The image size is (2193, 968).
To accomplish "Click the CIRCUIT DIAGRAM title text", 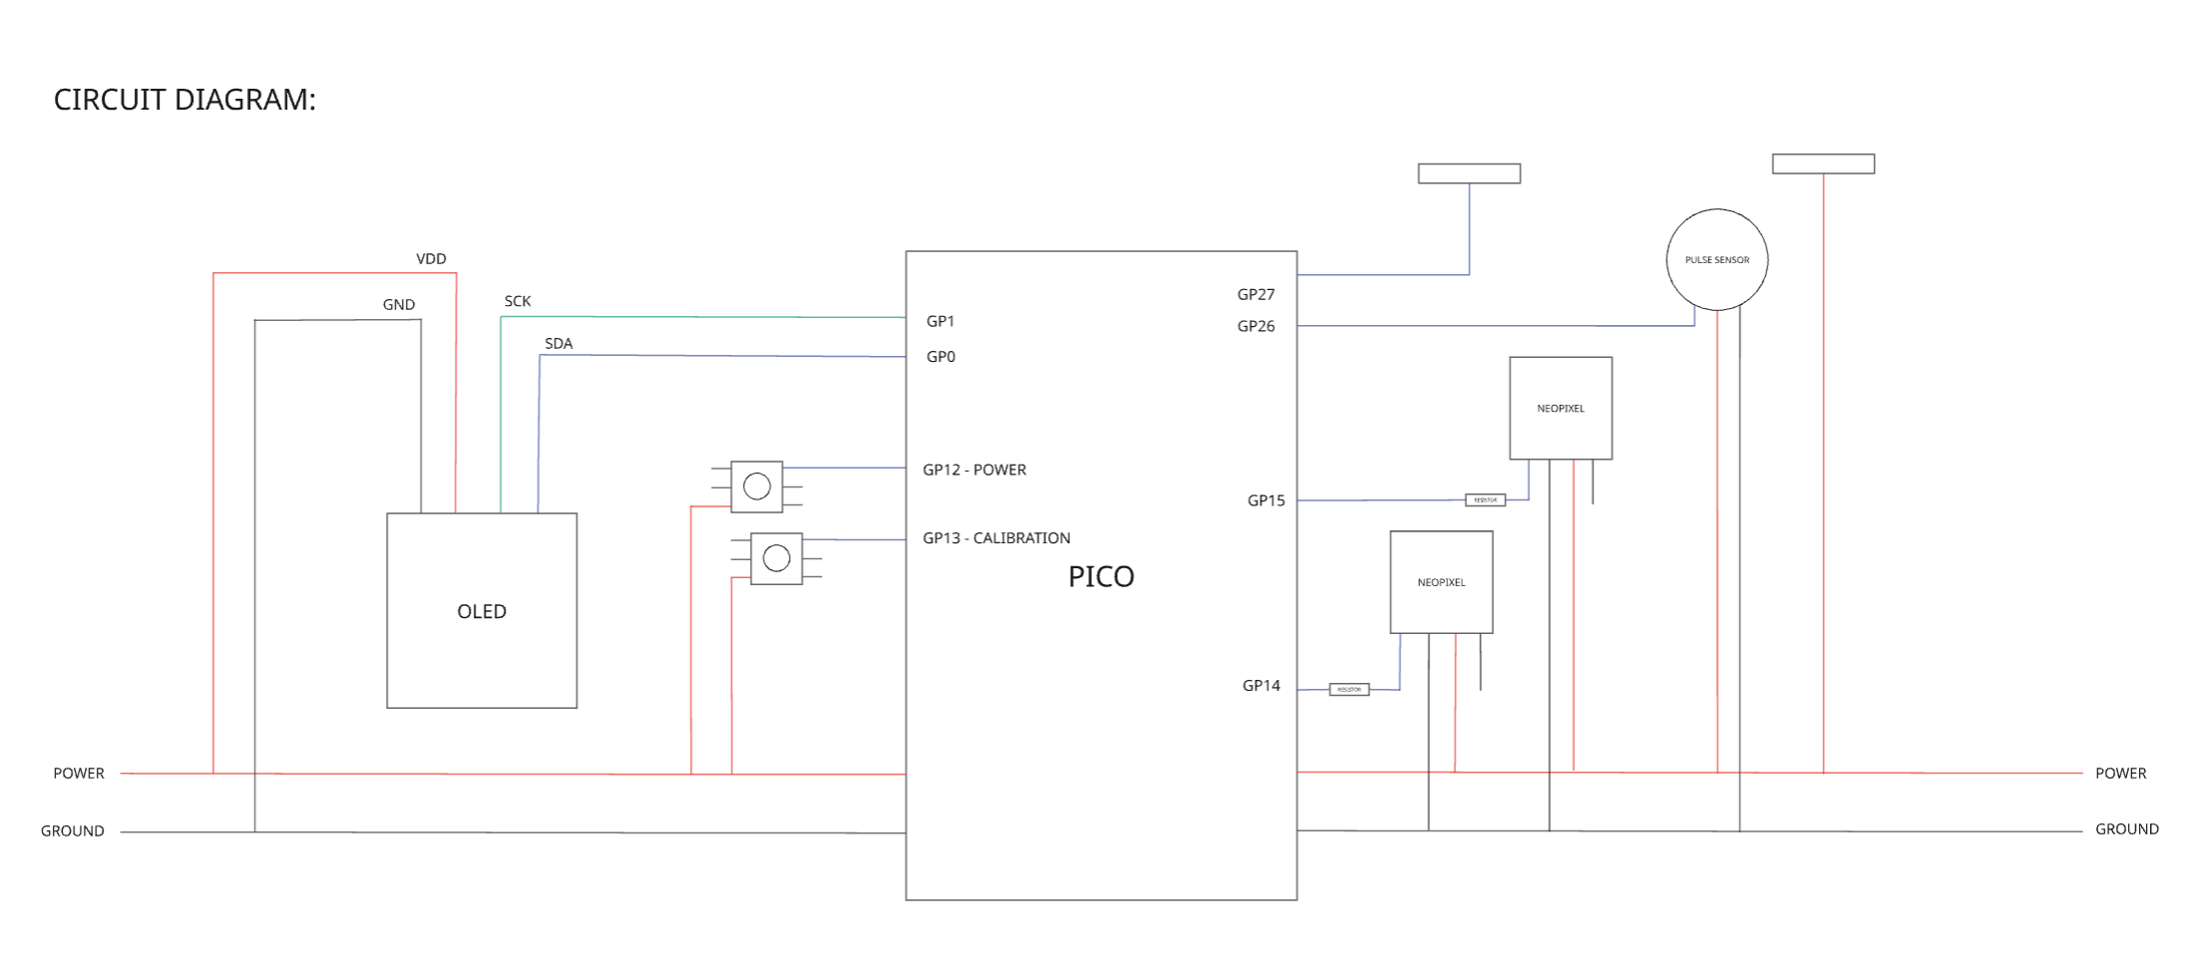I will pyautogui.click(x=184, y=100).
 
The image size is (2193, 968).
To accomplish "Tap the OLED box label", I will pyautogui.click(x=482, y=611).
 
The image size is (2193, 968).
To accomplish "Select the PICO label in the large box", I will pyautogui.click(x=1101, y=576).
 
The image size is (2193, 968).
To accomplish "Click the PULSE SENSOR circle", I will pyautogui.click(x=1716, y=259).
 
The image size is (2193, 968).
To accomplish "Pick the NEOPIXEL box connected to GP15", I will pyautogui.click(x=1560, y=408).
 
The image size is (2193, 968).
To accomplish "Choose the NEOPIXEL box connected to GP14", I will pyautogui.click(x=1441, y=581).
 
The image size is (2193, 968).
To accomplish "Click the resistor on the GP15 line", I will pyautogui.click(x=1485, y=499).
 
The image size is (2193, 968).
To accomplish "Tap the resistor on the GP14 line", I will pyautogui.click(x=1348, y=689).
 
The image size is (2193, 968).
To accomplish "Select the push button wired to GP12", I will pyautogui.click(x=757, y=486).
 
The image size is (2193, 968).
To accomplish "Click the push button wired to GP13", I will pyautogui.click(x=776, y=558).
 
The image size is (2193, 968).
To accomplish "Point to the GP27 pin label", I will pyautogui.click(x=1256, y=294).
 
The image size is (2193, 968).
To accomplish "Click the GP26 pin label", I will pyautogui.click(x=1256, y=326).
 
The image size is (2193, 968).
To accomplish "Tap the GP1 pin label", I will pyautogui.click(x=940, y=321).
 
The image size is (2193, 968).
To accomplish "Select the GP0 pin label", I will pyautogui.click(x=940, y=357).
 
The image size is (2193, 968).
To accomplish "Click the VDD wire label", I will pyautogui.click(x=431, y=258).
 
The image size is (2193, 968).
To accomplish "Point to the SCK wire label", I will pyautogui.click(x=518, y=301).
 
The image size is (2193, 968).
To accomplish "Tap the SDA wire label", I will pyautogui.click(x=558, y=343).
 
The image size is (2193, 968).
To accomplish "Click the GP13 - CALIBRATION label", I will pyautogui.click(x=996, y=537).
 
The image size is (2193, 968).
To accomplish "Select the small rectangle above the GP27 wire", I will pyautogui.click(x=1469, y=173).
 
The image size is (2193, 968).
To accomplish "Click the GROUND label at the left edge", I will pyautogui.click(x=72, y=830).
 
